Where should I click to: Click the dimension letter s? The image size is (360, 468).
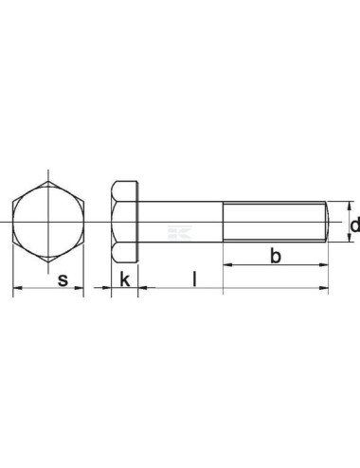tap(63, 279)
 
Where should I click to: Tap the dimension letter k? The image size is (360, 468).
tap(124, 279)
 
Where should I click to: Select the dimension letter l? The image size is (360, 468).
tap(194, 279)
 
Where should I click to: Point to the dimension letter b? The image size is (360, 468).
tap(276, 257)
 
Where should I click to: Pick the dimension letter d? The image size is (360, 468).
tap(354, 225)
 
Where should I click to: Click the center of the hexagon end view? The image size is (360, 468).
tap(47, 222)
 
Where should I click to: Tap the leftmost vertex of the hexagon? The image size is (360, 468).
tap(12, 222)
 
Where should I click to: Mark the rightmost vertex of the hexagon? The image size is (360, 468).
tap(83, 222)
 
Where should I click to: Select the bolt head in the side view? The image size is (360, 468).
tap(124, 222)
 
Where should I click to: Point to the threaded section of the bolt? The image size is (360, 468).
tap(275, 222)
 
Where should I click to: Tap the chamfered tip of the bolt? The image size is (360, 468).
tap(327, 222)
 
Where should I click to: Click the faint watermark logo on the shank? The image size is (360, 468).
tap(176, 230)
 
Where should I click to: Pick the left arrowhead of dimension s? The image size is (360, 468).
tap(15, 288)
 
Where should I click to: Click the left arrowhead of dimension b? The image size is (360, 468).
tap(227, 265)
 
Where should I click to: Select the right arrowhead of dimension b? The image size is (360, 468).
tap(325, 265)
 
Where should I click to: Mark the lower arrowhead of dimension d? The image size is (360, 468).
tap(349, 240)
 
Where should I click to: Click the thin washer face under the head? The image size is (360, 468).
tap(139, 222)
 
